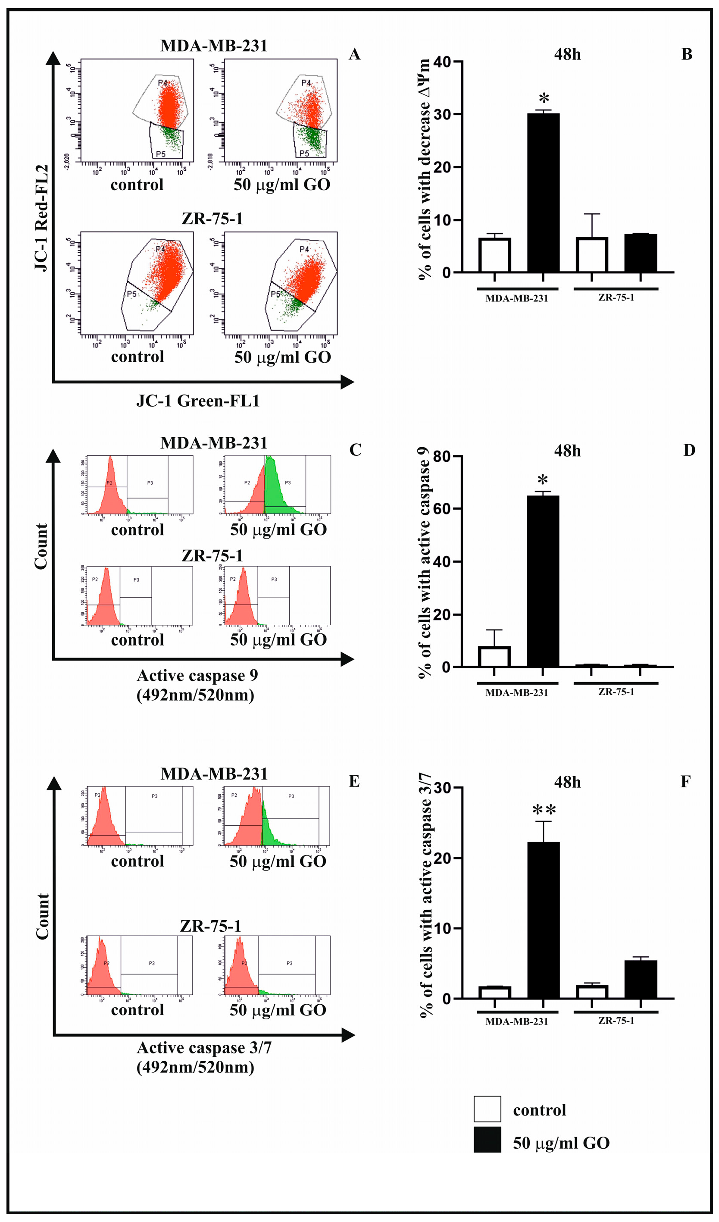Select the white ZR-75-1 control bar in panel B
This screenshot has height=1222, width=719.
click(591, 254)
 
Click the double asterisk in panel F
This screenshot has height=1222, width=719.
click(544, 810)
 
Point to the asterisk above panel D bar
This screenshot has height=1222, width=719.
click(543, 480)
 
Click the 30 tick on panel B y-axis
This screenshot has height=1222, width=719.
click(443, 114)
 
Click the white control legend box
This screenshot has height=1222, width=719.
click(487, 1109)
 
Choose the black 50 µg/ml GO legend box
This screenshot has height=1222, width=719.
click(487, 1140)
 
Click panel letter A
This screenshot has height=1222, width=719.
click(354, 54)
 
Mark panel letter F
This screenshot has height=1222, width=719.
click(685, 782)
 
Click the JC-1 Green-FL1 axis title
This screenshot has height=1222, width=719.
click(198, 401)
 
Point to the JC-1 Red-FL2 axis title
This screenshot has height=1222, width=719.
click(42, 218)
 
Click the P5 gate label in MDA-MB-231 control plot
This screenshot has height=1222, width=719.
click(160, 154)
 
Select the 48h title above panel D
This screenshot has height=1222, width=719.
click(567, 451)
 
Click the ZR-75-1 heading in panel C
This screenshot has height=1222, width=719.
click(212, 556)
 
